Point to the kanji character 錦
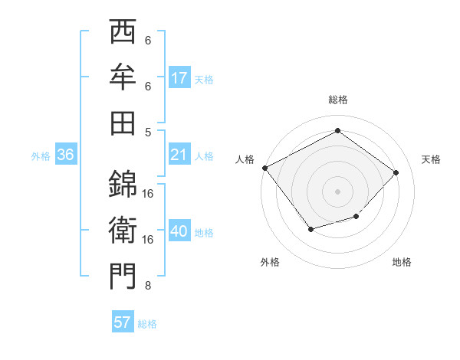point(123,183)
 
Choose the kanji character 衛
point(123,229)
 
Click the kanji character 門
point(123,275)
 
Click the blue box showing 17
point(179,78)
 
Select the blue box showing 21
point(179,155)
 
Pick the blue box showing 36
point(66,155)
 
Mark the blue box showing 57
point(123,322)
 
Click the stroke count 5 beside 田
point(148,132)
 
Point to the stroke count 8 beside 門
point(148,286)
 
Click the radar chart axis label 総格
point(338,100)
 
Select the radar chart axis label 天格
point(431,159)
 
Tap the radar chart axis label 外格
point(270,263)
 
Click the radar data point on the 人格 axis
point(265,168)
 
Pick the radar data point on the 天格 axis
point(396,172)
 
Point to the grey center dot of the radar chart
point(338,191)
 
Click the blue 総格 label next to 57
point(147,324)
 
